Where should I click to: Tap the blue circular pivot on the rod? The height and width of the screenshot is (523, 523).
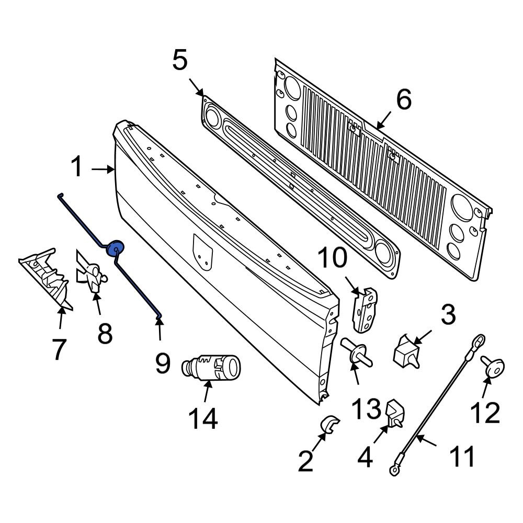[115, 248]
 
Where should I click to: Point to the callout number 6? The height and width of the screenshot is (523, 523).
[403, 99]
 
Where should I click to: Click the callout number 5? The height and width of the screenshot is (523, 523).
[179, 60]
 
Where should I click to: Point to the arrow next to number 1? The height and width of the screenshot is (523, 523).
[103, 169]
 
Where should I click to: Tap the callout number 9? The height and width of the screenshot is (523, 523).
[162, 362]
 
